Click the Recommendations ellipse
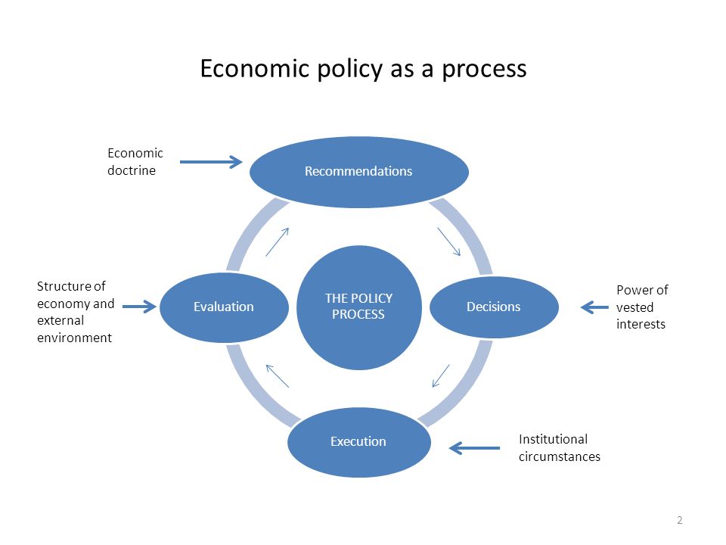358,172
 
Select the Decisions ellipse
494,307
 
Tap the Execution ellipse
358,441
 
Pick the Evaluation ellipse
224,307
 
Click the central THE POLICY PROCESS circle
358,307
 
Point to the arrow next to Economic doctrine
211,162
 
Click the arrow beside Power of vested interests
594,307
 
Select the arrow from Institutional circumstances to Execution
474,448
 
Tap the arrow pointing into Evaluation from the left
139,307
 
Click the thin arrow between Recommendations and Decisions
448,241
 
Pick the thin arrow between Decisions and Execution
441,376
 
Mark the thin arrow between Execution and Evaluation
278,376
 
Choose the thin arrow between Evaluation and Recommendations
278,242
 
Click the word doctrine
132,170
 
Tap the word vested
634,307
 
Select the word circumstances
560,457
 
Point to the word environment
75,338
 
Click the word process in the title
484,70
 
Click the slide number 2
679,520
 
